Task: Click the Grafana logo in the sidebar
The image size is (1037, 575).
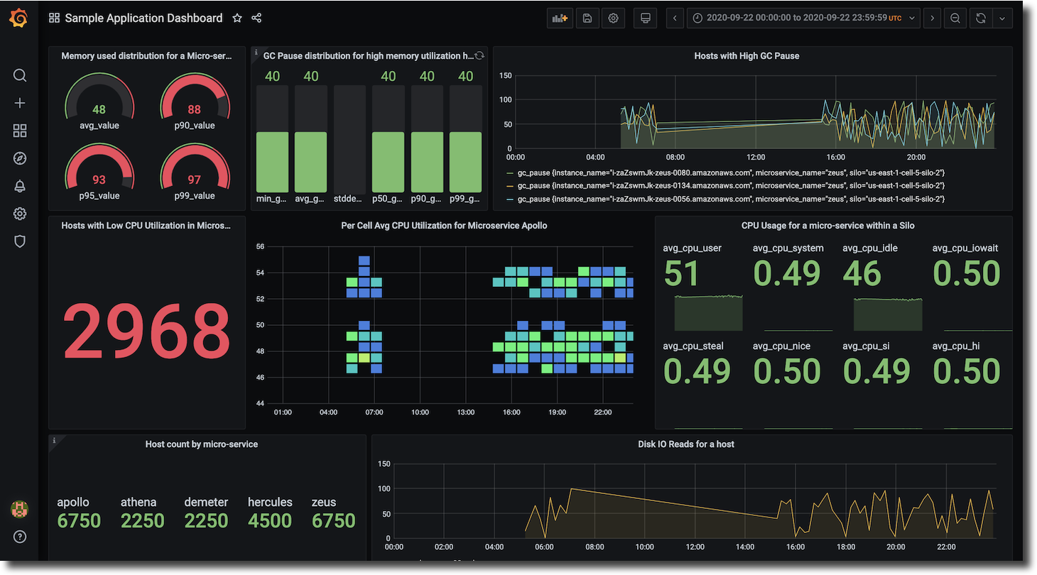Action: [19, 18]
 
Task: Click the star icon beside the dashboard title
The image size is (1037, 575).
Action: [237, 18]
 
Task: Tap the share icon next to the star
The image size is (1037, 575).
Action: [257, 18]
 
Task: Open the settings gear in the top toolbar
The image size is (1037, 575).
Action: [613, 18]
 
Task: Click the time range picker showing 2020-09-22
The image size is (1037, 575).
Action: [803, 18]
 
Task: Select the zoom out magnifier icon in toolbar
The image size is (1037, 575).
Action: [955, 18]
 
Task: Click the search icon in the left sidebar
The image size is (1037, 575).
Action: [20, 75]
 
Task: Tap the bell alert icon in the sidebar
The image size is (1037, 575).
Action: [20, 186]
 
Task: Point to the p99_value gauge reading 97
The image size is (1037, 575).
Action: [194, 180]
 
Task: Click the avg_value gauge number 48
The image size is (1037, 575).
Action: [99, 109]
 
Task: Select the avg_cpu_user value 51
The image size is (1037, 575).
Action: [681, 274]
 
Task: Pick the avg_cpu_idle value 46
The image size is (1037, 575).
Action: [862, 274]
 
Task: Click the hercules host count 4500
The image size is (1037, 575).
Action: [270, 521]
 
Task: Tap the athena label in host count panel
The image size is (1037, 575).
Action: [139, 502]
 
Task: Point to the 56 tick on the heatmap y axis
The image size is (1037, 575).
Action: [260, 246]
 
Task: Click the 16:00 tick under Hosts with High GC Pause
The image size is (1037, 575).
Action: [836, 157]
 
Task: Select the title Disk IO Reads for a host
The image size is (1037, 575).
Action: [685, 444]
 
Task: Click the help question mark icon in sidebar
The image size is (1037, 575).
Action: [20, 537]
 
